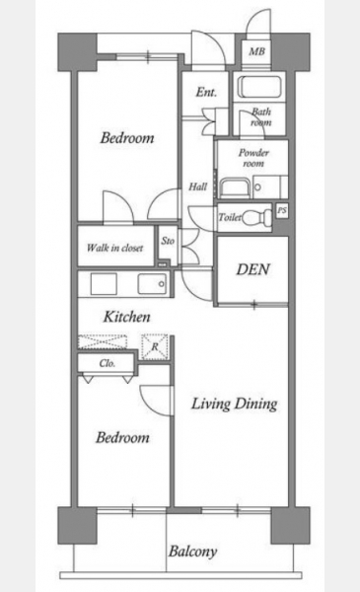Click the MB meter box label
pos(256,51)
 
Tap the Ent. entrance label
pos(206,92)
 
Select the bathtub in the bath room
pos(261,87)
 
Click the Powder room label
pos(253,158)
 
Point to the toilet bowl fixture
pos(256,217)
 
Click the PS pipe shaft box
pos(282,211)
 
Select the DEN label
pos(253,269)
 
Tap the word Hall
pos(197,186)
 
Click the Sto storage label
pos(168,241)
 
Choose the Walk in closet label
pos(114,248)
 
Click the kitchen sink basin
pos(152,283)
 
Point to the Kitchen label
pos(127,317)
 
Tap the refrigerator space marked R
pos(154,346)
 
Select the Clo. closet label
pos(108,363)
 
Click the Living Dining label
pos(235,404)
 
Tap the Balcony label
pos(192,552)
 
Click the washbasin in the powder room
pos(233,187)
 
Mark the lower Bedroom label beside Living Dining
pos(122,437)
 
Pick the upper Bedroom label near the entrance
pos(127,138)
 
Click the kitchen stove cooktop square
pos(104,284)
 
